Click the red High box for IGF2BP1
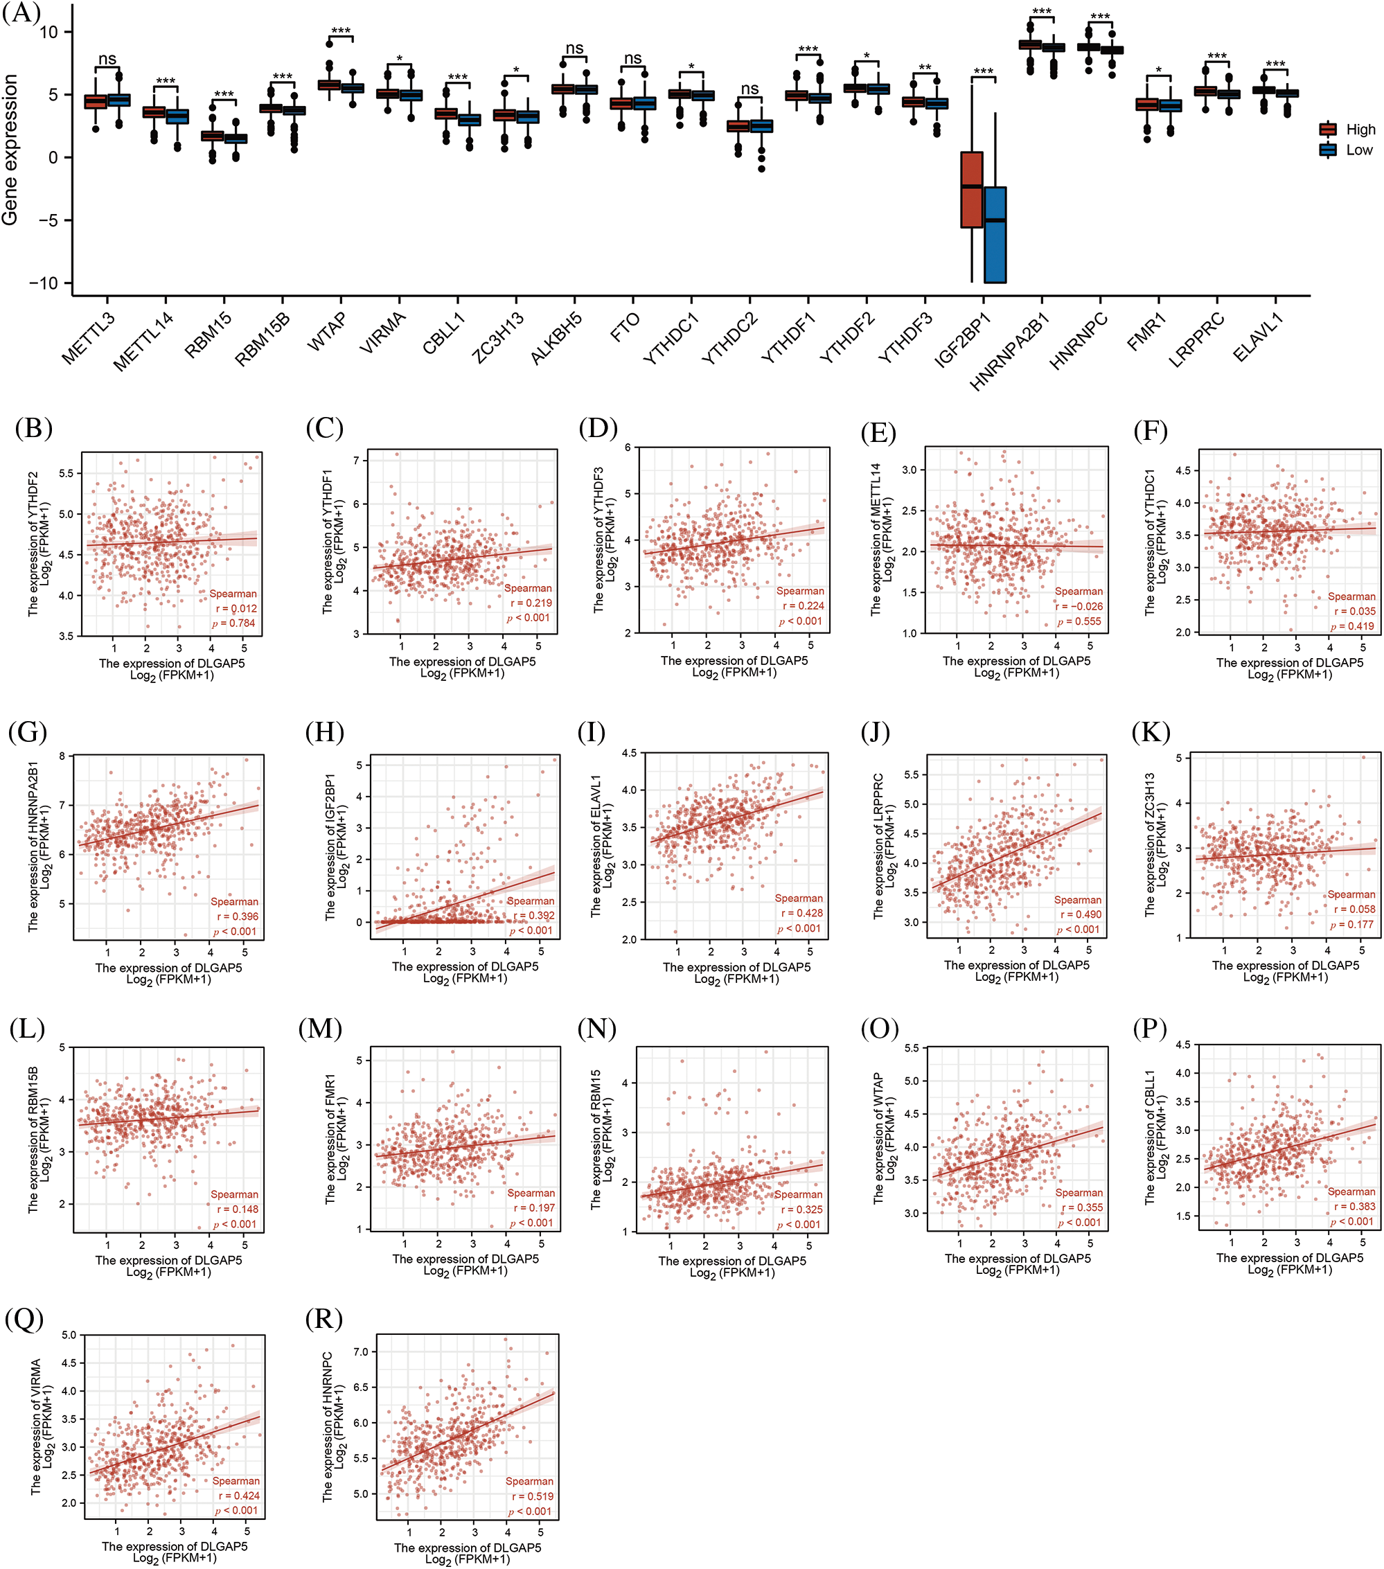click(971, 190)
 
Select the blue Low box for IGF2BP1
click(995, 235)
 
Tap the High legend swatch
click(1327, 130)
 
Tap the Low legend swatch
click(1327, 150)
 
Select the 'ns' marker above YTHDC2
click(749, 89)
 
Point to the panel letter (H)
click(324, 732)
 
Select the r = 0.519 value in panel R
click(530, 1496)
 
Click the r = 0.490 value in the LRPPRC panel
click(1080, 914)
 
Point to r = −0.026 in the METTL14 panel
click(1079, 606)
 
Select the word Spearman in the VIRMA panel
click(236, 1481)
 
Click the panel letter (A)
click(21, 13)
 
